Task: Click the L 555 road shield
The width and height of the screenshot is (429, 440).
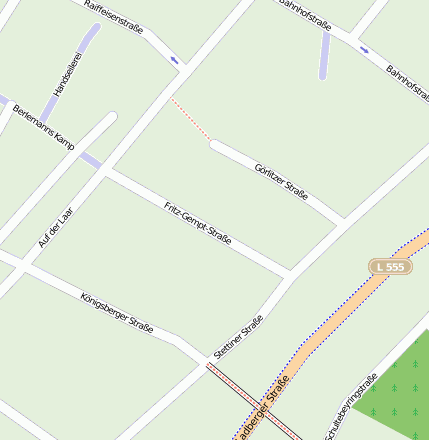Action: click(x=391, y=267)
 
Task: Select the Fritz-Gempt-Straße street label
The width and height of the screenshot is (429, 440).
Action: click(x=198, y=223)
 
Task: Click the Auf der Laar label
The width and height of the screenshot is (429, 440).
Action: click(x=56, y=228)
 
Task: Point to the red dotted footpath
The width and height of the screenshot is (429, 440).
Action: click(x=190, y=121)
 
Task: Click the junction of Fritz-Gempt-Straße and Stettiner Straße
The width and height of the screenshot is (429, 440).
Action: click(x=290, y=273)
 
